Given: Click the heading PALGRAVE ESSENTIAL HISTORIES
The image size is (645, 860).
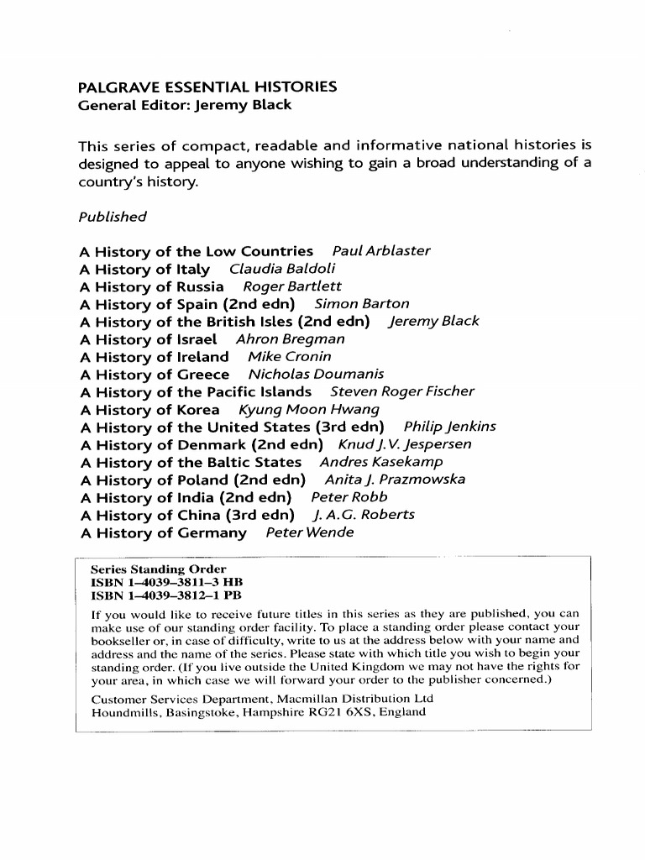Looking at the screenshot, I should tap(207, 87).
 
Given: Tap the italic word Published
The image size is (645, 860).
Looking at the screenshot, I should tap(112, 217).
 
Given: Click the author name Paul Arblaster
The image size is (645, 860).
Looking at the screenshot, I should tap(381, 251).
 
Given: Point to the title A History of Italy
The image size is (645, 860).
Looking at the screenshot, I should tap(144, 269).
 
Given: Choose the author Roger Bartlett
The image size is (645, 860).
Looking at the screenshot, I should tap(286, 286).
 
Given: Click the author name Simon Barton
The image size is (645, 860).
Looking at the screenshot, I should tap(362, 304).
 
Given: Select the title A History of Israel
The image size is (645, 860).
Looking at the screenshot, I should tap(148, 339).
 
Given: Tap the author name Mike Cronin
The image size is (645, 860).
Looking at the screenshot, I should tap(289, 357).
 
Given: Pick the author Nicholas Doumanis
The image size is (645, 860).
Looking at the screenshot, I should tap(316, 375).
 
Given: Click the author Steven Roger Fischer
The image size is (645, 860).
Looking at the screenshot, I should tap(402, 392).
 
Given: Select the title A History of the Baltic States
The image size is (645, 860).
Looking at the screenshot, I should tap(191, 462).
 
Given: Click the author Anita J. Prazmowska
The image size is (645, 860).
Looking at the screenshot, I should tap(395, 480).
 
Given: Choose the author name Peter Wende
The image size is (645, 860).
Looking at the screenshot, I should tap(309, 532).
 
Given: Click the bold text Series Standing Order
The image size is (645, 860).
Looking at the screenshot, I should tap(159, 569).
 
